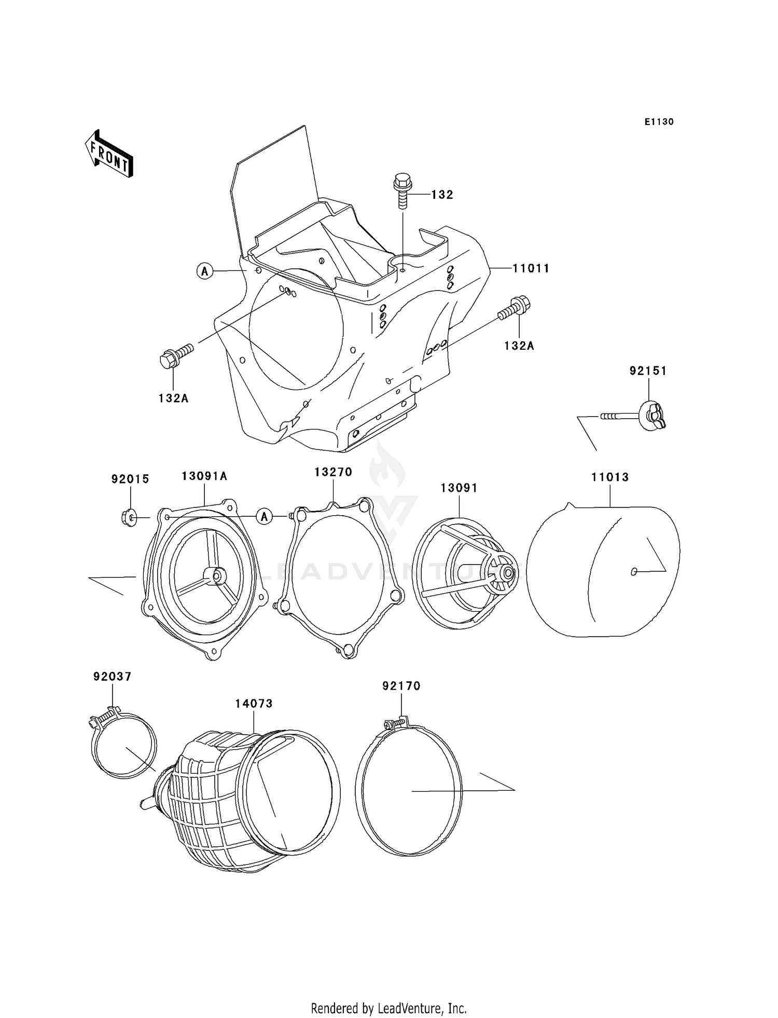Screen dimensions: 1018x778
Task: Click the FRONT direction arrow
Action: [x=109, y=155]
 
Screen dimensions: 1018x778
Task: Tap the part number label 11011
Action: [x=531, y=268]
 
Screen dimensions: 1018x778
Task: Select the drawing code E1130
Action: [x=659, y=122]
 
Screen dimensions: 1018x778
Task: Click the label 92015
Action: [x=130, y=479]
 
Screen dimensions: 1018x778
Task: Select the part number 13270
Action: [x=333, y=472]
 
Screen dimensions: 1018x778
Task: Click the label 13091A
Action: [x=204, y=476]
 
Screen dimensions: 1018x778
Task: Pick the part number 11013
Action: [x=610, y=477]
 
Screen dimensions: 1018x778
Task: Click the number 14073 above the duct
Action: [x=254, y=704]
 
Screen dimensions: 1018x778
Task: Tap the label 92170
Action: [x=401, y=686]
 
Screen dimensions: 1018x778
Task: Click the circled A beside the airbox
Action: [x=205, y=271]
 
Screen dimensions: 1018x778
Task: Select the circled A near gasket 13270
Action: [x=265, y=517]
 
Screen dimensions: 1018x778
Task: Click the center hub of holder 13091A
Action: [x=215, y=575]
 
